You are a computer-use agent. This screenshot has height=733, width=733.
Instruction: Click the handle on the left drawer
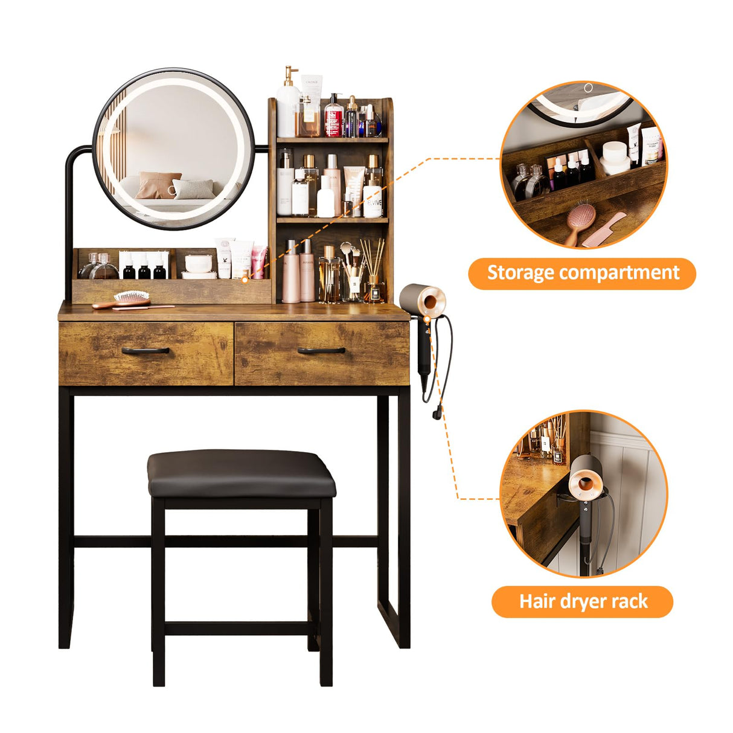[145, 350]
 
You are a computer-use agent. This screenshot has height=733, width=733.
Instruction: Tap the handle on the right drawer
[321, 350]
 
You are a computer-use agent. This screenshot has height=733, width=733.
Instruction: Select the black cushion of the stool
[241, 473]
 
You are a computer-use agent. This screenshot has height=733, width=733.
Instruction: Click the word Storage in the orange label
[520, 273]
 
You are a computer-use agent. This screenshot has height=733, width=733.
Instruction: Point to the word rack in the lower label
[625, 601]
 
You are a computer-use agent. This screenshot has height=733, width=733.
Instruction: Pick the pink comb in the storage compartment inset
[604, 229]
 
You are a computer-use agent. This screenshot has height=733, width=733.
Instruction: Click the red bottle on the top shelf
[333, 117]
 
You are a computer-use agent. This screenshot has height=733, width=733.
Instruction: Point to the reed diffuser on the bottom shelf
[373, 272]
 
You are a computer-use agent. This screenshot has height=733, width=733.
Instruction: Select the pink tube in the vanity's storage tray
[260, 263]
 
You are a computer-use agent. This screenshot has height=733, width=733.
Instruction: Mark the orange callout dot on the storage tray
[245, 280]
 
